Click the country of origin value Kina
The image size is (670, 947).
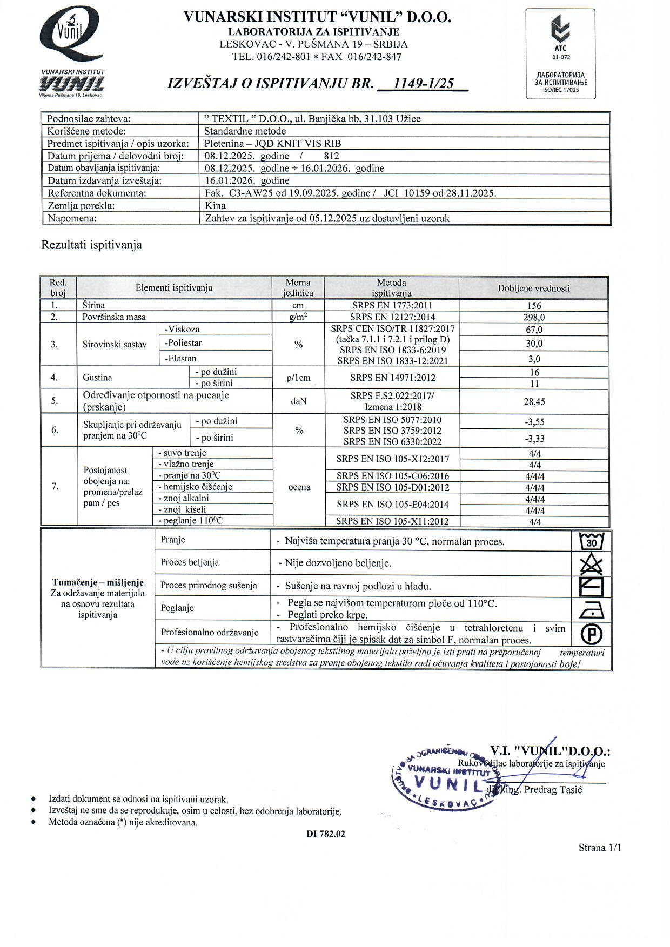pyautogui.click(x=216, y=205)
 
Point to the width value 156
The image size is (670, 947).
pyautogui.click(x=534, y=306)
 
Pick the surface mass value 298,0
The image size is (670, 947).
pyautogui.click(x=534, y=317)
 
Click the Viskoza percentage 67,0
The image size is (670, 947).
pyautogui.click(x=534, y=330)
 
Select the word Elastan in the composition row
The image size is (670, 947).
pyautogui.click(x=181, y=358)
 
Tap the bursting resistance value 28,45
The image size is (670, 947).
pyautogui.click(x=534, y=401)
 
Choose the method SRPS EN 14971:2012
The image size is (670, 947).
pyautogui.click(x=392, y=378)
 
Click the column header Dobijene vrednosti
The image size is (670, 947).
pyautogui.click(x=534, y=288)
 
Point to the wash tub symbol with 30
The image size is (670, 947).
pyautogui.click(x=591, y=541)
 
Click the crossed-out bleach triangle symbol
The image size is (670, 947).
pyautogui.click(x=591, y=564)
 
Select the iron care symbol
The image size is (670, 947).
pyautogui.click(x=591, y=610)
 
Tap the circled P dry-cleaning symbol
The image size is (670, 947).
pyautogui.click(x=591, y=633)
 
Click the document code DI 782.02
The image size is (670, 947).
pyautogui.click(x=325, y=834)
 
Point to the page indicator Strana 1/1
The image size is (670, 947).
pyautogui.click(x=600, y=848)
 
